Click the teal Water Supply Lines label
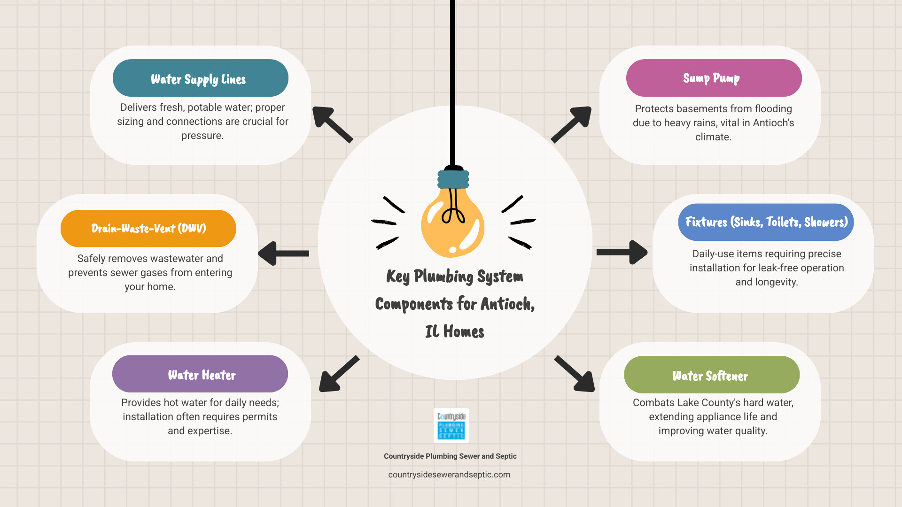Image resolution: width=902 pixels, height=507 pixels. tap(200, 78)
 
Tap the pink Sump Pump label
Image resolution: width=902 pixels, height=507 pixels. tap(714, 78)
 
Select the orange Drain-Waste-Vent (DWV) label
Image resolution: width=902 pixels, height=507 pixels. tap(148, 228)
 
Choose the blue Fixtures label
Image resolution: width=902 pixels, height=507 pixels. tap(766, 222)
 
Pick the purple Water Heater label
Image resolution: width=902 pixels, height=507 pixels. tap(200, 374)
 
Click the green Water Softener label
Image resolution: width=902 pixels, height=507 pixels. tap(711, 375)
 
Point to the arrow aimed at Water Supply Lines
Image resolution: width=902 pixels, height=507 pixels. tap(332, 124)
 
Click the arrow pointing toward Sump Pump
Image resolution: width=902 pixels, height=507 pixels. tap(571, 124)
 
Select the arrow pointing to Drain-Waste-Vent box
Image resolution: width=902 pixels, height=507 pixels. tap(283, 253)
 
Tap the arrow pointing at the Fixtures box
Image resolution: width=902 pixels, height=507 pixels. tap(622, 253)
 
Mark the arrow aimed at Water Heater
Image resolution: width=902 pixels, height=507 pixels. tap(339, 374)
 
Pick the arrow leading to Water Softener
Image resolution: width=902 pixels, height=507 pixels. tap(575, 374)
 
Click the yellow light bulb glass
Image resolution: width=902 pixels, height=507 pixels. tap(452, 225)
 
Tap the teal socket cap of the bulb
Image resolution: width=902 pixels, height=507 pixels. tap(453, 179)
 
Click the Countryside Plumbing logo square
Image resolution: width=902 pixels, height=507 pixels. tap(451, 425)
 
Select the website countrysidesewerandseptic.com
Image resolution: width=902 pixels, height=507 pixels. tap(449, 475)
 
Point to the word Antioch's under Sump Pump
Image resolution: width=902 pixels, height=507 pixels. tap(773, 123)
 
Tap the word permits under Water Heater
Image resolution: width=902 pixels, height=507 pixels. tap(262, 417)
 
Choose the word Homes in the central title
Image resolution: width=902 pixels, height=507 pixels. tap(464, 332)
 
